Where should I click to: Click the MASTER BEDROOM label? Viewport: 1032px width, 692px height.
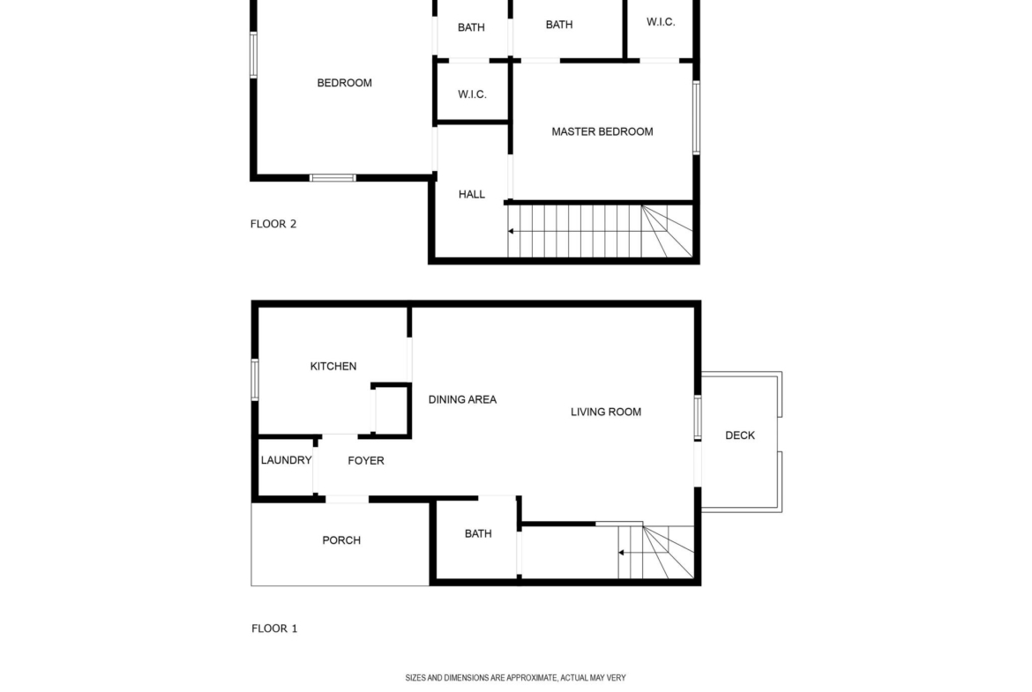tap(602, 131)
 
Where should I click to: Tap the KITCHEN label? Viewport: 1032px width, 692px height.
tap(333, 367)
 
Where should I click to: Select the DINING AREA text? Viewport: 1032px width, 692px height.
tap(462, 399)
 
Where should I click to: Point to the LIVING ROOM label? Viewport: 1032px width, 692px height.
tap(605, 412)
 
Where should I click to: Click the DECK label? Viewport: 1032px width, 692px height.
tap(740, 435)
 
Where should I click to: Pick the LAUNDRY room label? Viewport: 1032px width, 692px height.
tap(287, 460)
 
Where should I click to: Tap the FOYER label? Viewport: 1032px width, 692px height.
tap(366, 461)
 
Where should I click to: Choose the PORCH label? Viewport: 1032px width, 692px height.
tap(341, 540)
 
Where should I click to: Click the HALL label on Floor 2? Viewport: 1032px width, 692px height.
tap(471, 195)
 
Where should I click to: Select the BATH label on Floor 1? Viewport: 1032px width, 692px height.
tap(478, 533)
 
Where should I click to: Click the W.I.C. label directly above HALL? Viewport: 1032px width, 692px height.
tap(472, 94)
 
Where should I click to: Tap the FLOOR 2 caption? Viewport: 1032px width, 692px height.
tap(273, 224)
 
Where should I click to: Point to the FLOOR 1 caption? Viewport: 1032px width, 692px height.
tap(274, 629)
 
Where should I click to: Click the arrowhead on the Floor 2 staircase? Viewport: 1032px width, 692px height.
tap(511, 232)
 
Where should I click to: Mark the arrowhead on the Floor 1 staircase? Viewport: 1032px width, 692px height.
tap(621, 553)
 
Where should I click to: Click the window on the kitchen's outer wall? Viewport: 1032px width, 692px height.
tap(255, 379)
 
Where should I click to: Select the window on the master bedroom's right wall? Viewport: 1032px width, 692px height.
tap(696, 118)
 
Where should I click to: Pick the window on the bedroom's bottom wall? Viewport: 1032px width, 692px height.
tap(333, 177)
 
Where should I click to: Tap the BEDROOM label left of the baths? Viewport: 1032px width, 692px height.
tap(344, 83)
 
